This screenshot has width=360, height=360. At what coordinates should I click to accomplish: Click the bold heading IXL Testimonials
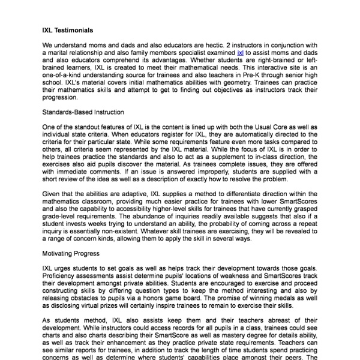point(67,29)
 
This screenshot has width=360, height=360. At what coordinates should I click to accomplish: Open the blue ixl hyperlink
point(240,53)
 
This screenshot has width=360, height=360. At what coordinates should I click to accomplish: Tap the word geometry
point(248,84)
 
